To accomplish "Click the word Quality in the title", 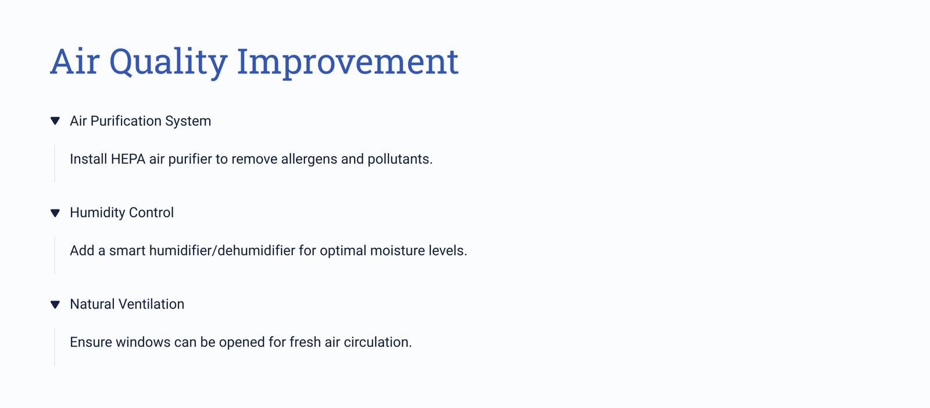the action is pos(168,62).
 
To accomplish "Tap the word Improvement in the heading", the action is pos(348,62).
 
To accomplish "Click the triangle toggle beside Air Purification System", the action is pos(55,121).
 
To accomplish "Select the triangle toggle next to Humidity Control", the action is pos(55,213).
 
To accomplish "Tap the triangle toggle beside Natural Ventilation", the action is pos(55,304).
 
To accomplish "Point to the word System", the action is pos(188,122).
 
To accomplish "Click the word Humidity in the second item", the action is pos(97,212).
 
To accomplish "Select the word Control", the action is pos(151,212).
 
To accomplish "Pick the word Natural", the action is pos(92,304).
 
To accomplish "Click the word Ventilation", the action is pos(151,304).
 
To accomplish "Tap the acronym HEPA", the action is pos(128,159).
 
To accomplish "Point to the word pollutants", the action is pos(400,159).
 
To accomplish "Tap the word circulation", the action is pos(378,342).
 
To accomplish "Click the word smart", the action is pos(127,251).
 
